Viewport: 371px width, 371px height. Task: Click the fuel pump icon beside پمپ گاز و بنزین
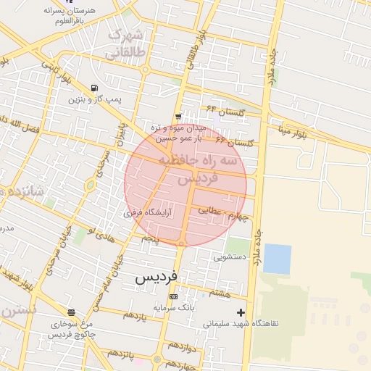tap(94, 88)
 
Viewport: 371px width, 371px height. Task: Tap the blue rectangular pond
tap(277, 259)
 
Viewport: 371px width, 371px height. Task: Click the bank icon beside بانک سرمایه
tap(173, 297)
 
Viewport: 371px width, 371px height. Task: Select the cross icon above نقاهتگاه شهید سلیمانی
tap(241, 312)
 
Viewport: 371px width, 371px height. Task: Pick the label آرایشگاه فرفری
tap(149, 213)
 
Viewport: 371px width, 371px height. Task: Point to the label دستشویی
tap(231, 257)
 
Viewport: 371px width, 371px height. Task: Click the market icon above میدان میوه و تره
tap(178, 117)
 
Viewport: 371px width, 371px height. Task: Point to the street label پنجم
tap(150, 237)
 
